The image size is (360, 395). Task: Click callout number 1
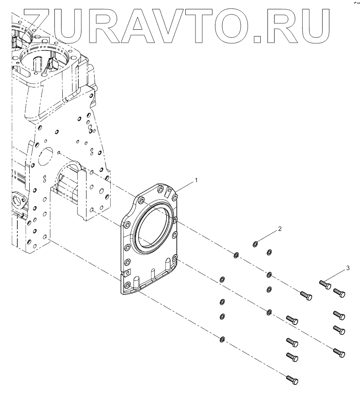pyautogui.click(x=196, y=180)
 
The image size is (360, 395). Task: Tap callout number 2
pyautogui.click(x=279, y=229)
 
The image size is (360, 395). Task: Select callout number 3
pyautogui.click(x=348, y=268)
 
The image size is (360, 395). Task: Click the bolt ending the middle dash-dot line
pyautogui.click(x=339, y=353)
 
